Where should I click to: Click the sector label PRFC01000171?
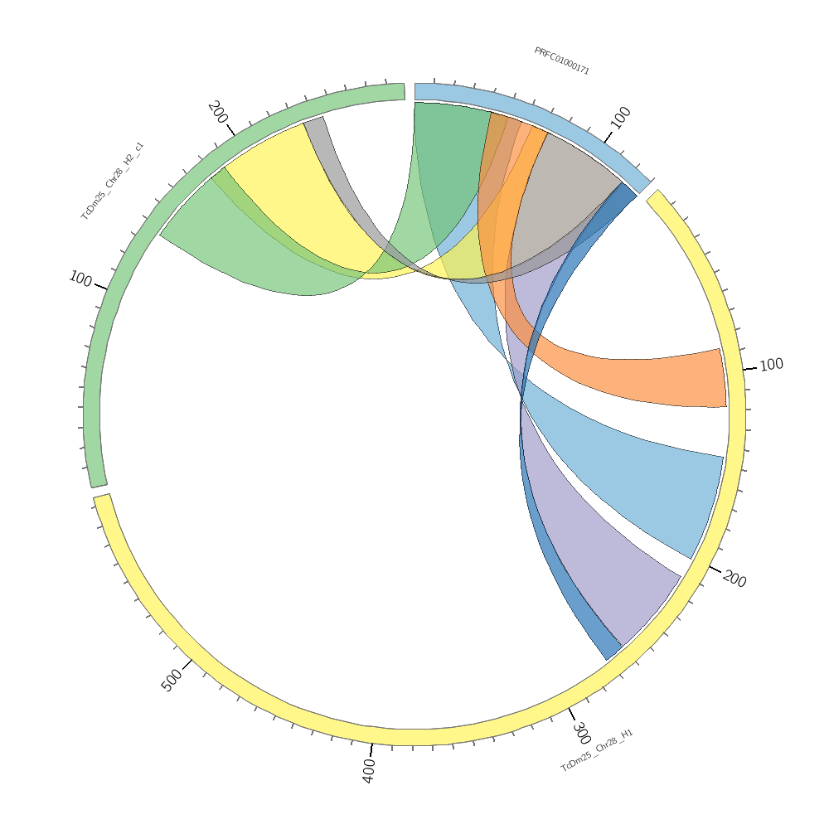coord(561,61)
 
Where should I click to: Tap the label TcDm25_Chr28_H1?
coord(597,750)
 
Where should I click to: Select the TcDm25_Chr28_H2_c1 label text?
coord(112,181)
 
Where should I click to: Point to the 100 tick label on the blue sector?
coord(620,117)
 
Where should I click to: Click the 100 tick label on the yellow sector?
coord(771,365)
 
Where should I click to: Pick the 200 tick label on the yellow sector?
coord(734,579)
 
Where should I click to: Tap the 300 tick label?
coord(581,733)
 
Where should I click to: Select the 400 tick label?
coord(369,770)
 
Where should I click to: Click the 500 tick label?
coord(172,681)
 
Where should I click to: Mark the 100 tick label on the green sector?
coord(80,279)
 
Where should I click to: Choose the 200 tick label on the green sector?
coord(218,112)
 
